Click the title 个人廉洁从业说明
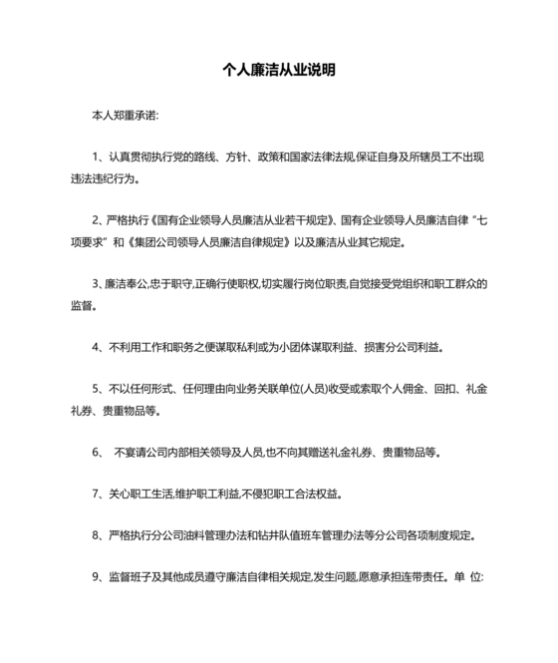[278, 71]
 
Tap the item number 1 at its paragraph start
[94, 158]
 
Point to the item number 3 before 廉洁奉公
[94, 283]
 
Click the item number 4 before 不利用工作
[94, 348]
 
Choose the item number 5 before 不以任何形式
[94, 387]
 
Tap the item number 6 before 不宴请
[94, 452]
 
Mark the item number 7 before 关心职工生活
[94, 493]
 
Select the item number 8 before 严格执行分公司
[94, 534]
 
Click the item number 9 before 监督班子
[94, 576]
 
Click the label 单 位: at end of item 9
[467, 576]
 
